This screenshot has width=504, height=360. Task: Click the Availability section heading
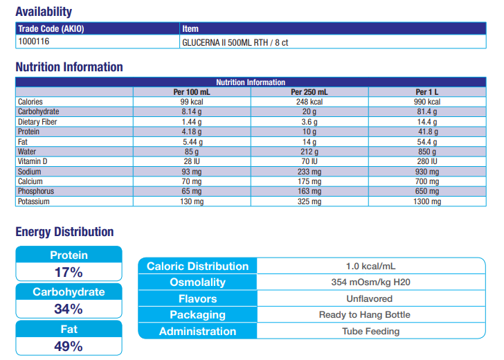pyautogui.click(x=44, y=11)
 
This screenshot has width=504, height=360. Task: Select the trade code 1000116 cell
pyautogui.click(x=34, y=42)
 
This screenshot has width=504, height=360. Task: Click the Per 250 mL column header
pyautogui.click(x=309, y=92)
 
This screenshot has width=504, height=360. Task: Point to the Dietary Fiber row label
pyautogui.click(x=37, y=122)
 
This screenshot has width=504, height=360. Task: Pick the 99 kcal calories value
pyautogui.click(x=191, y=102)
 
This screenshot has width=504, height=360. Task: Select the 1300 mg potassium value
pyautogui.click(x=427, y=201)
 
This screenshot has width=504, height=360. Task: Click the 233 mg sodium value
pyautogui.click(x=309, y=172)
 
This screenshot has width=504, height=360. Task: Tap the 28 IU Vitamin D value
pyautogui.click(x=191, y=161)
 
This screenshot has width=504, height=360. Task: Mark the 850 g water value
pyautogui.click(x=427, y=152)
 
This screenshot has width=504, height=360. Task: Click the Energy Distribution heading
pyautogui.click(x=64, y=232)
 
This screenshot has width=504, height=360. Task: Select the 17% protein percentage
pyautogui.click(x=69, y=272)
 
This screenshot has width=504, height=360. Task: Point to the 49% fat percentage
pyautogui.click(x=69, y=346)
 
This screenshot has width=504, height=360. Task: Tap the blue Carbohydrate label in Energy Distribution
pyautogui.click(x=69, y=292)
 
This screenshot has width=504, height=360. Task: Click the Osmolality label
pyautogui.click(x=197, y=282)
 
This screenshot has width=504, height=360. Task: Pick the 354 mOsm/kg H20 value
pyautogui.click(x=371, y=282)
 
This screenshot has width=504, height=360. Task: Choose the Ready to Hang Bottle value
pyautogui.click(x=371, y=315)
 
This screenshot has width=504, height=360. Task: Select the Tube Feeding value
pyautogui.click(x=371, y=331)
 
